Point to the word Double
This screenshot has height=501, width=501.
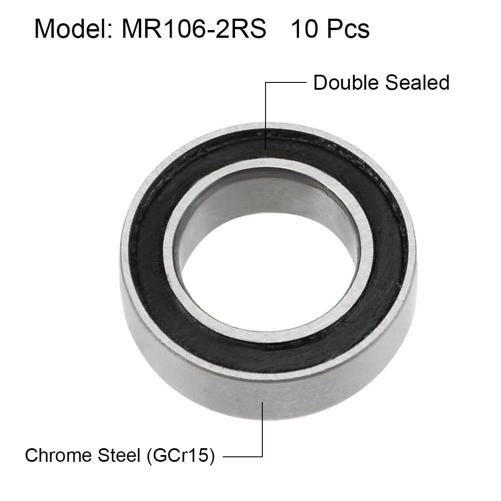[x=346, y=83]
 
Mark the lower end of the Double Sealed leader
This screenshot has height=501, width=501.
[x=265, y=148]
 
